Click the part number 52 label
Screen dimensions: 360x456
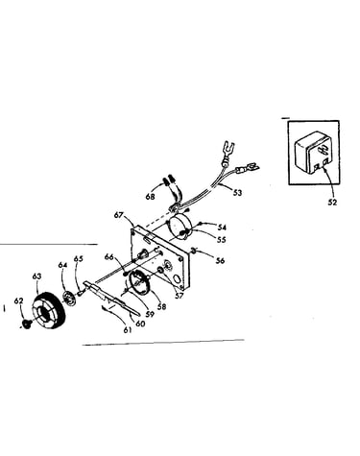coord(333,203)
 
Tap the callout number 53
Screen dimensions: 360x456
coord(237,193)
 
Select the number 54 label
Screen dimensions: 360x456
coord(222,228)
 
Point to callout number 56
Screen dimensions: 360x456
coord(220,260)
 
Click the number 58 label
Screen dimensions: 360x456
coord(162,306)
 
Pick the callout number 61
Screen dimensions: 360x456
coord(128,330)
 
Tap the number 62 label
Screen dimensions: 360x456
coord(19,300)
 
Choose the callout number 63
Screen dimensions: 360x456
coord(36,276)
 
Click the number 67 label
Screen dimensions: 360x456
coord(119,215)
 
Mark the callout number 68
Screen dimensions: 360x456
coord(150,197)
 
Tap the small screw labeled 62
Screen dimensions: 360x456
coord(26,324)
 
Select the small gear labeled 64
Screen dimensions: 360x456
coord(68,297)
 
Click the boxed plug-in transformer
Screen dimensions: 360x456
coord(314,153)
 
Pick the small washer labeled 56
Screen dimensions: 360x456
coord(193,250)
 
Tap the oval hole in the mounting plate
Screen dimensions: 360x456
coord(177,278)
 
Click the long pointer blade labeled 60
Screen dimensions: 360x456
coord(110,298)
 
